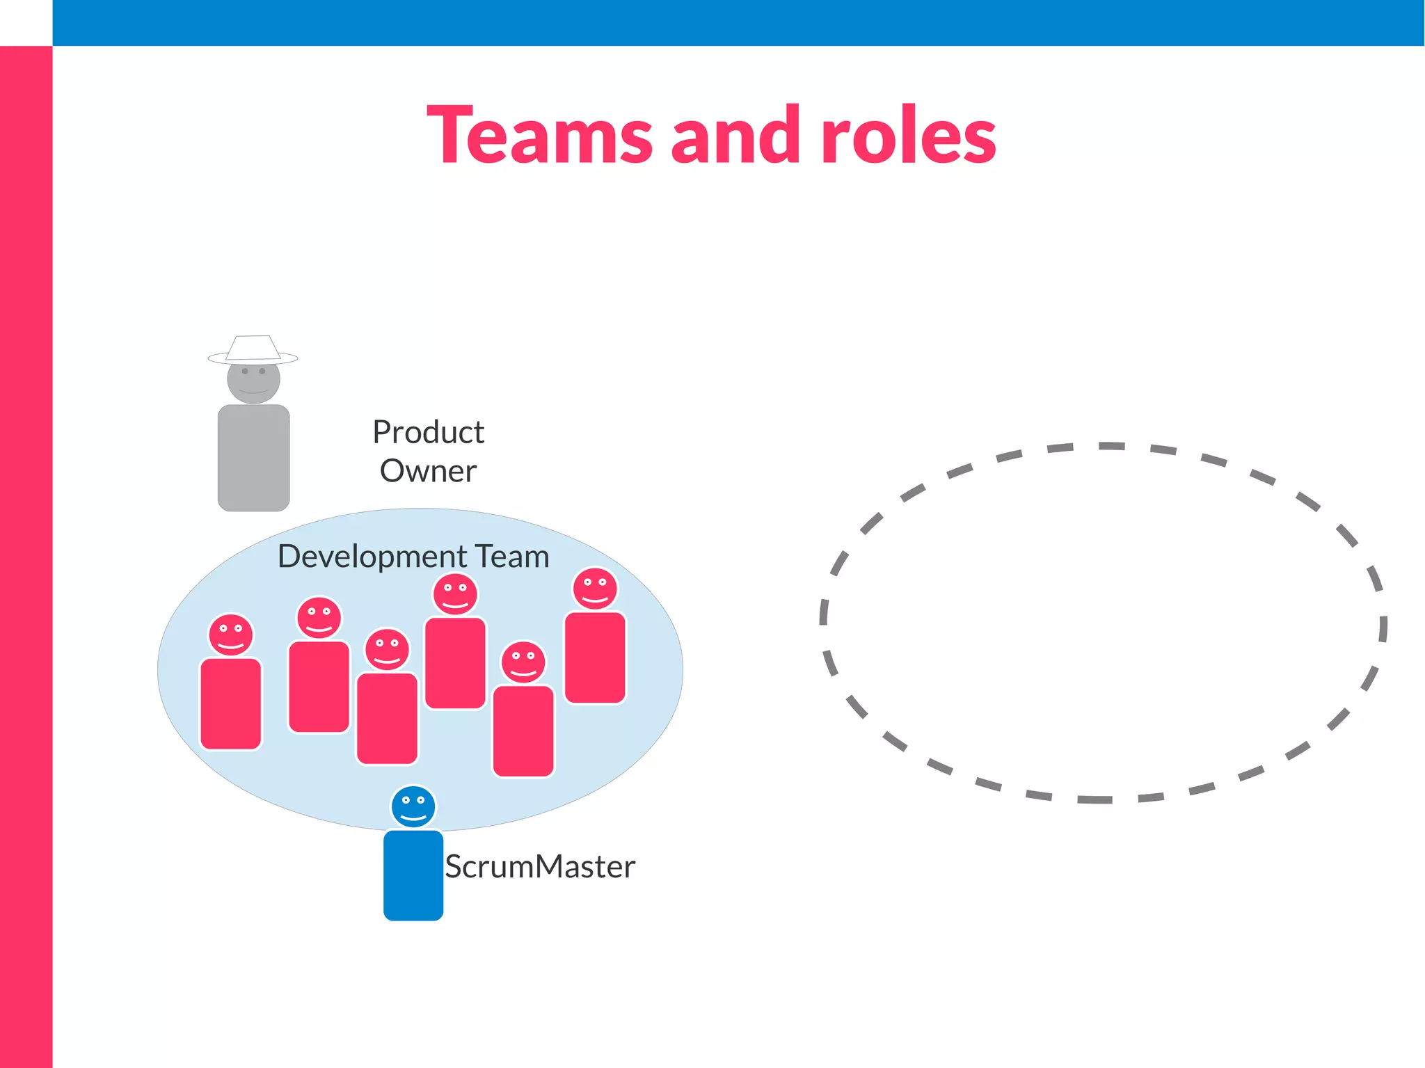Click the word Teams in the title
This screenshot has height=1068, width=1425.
[x=539, y=136]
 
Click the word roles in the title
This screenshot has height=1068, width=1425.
[x=908, y=136]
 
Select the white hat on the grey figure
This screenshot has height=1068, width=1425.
[x=253, y=349]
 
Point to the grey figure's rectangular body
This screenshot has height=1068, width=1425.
[x=253, y=458]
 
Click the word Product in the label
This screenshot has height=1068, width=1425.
[x=428, y=432]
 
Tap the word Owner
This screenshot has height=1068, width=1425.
[x=428, y=471]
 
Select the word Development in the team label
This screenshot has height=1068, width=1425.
[x=372, y=557]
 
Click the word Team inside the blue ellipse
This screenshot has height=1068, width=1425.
[x=512, y=557]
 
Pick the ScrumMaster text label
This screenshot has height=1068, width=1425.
[x=540, y=867]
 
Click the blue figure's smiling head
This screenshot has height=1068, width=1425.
[x=413, y=806]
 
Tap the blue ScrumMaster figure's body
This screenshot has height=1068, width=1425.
[x=413, y=875]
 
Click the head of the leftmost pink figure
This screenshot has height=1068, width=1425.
[x=231, y=635]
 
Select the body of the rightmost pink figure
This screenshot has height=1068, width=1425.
[x=595, y=657]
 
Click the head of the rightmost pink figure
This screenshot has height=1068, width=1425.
[x=595, y=589]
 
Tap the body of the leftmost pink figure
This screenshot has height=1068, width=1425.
[x=231, y=704]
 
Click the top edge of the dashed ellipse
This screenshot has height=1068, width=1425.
[x=1111, y=446]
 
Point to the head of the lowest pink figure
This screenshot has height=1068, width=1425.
[x=523, y=662]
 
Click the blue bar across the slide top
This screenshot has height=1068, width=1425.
[x=738, y=22]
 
